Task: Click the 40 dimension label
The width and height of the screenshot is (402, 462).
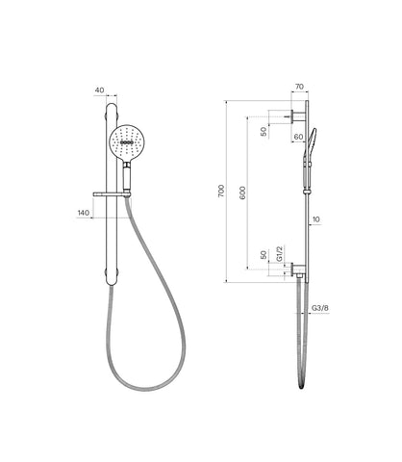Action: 99,90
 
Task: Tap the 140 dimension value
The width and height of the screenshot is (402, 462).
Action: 84,213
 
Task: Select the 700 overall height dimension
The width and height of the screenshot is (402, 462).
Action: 221,192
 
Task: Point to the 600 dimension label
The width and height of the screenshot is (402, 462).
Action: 242,192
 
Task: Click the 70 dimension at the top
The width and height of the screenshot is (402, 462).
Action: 299,87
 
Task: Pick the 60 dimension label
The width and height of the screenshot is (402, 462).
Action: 298,137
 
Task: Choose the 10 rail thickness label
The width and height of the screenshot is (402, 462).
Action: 315,219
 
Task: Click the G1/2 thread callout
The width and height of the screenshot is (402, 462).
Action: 280,254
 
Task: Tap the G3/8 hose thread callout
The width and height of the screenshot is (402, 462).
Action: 320,308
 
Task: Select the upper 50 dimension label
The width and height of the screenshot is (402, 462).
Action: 264,132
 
